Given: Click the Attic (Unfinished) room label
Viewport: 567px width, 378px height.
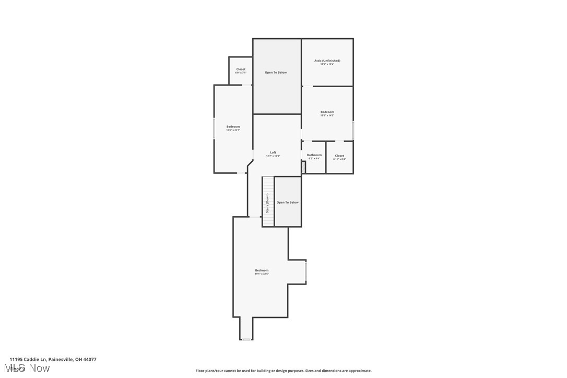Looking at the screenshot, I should click(x=327, y=61).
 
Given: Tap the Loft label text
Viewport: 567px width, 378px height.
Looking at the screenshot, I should click(x=273, y=152).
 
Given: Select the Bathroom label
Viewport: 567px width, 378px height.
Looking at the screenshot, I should click(x=314, y=155).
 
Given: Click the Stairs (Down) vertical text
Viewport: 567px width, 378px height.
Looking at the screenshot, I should click(x=268, y=203).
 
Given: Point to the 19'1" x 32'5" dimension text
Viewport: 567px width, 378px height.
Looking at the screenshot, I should click(x=262, y=274).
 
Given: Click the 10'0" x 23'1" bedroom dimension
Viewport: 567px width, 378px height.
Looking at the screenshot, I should click(x=233, y=130).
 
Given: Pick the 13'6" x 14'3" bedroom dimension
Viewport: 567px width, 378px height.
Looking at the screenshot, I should click(x=327, y=115).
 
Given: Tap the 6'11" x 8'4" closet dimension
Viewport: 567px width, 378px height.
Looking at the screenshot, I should click(x=339, y=159).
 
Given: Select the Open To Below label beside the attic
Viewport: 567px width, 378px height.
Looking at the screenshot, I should click(x=276, y=73).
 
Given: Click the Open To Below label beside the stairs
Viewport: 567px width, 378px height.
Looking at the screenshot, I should click(x=288, y=203).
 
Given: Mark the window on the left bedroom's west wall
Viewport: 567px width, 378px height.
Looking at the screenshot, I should click(x=214, y=128).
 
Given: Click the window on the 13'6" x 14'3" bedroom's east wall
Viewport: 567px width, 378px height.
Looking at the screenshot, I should click(x=353, y=130).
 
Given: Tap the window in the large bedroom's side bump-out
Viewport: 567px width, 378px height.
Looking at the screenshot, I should click(x=306, y=272).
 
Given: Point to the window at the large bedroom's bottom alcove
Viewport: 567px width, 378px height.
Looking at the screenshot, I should click(x=246, y=339).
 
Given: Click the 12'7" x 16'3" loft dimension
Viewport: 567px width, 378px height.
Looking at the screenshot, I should click(x=273, y=156).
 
